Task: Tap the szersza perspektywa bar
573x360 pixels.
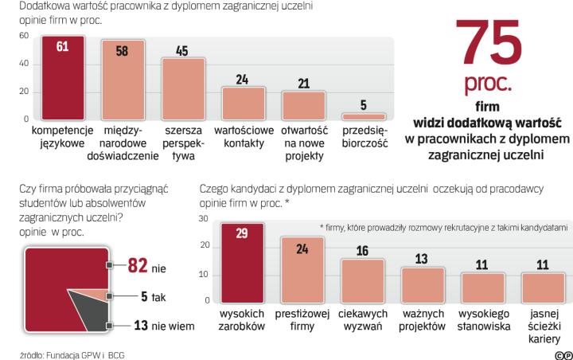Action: [183, 89]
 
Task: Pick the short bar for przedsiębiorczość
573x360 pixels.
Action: [364, 116]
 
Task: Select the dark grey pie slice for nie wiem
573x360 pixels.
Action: [88, 315]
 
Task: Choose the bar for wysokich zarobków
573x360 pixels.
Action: [242, 263]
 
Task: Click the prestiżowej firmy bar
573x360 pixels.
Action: [302, 270]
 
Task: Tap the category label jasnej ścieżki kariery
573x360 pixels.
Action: [544, 326]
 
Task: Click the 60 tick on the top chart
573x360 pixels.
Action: [24, 36]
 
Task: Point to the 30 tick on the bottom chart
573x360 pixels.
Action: [203, 218]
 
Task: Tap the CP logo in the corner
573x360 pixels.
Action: [563, 353]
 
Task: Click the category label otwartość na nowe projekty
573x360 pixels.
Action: [303, 143]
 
